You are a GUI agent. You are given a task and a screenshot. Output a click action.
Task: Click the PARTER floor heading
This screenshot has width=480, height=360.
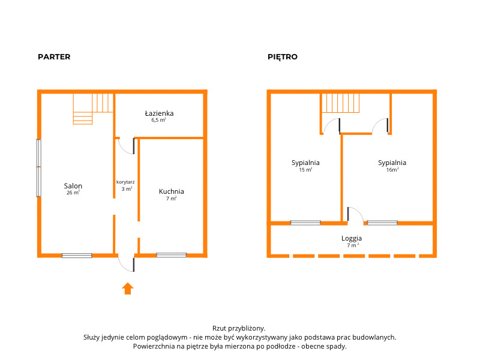(x=54, y=57)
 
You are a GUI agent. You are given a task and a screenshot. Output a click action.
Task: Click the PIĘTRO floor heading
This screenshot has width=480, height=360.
(x=282, y=57)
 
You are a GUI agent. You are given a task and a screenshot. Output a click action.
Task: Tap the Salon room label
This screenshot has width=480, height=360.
(x=73, y=186)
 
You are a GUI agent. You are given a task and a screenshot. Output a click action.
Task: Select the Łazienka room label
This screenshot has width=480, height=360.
(x=159, y=113)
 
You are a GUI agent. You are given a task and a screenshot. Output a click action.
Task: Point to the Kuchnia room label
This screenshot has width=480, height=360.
(x=172, y=191)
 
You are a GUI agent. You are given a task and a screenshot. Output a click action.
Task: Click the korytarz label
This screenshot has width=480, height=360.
(x=125, y=182)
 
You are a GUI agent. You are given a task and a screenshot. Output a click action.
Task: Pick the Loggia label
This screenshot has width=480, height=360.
(x=352, y=238)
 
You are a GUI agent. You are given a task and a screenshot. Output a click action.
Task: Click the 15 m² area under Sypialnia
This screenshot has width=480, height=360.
(x=305, y=170)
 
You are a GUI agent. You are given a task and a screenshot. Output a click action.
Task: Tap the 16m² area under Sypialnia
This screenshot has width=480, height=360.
(x=392, y=170)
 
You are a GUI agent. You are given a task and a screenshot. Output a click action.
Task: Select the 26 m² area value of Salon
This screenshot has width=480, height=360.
(x=73, y=193)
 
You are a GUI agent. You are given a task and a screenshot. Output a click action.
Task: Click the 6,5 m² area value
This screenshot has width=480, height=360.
(x=158, y=120)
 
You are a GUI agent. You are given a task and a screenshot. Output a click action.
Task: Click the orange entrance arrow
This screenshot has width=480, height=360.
(x=128, y=289)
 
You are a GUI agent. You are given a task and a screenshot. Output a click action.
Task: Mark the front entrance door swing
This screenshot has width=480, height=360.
(x=127, y=265)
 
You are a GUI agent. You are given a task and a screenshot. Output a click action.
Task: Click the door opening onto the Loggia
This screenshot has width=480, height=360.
(x=355, y=214)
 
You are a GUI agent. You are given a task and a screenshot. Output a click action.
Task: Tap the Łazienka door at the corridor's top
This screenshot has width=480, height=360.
(x=127, y=146)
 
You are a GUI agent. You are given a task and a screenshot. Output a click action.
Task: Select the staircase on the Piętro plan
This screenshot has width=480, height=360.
(x=340, y=103)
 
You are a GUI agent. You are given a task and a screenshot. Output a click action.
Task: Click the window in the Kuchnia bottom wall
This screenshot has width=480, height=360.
(x=172, y=255)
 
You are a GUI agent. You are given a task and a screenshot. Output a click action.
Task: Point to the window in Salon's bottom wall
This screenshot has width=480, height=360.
(x=77, y=256)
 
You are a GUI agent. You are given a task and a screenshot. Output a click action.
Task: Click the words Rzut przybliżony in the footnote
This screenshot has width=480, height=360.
(x=239, y=328)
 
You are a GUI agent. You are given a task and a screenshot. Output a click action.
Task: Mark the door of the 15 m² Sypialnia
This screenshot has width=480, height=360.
(x=332, y=126)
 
